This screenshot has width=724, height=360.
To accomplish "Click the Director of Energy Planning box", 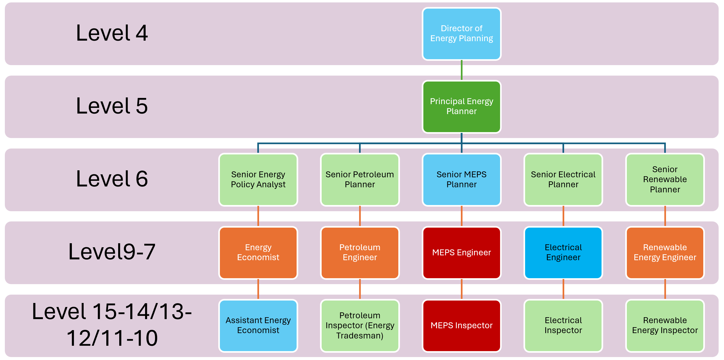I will point(462,34).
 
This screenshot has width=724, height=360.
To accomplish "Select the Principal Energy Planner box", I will point(462,107).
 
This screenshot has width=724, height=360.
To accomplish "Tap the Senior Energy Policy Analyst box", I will point(258,179).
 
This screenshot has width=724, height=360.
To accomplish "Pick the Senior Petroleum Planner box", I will point(360,179).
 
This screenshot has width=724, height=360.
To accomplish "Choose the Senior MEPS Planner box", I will point(462,179).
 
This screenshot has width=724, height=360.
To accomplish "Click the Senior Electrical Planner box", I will point(563,179).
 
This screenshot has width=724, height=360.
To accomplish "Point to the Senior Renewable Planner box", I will point(665,179).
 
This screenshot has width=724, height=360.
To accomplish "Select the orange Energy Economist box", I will point(258,252).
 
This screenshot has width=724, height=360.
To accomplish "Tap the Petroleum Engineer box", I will point(360,252).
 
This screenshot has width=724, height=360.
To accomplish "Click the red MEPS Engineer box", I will point(462,252).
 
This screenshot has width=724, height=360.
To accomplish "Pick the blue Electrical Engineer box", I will point(563,252).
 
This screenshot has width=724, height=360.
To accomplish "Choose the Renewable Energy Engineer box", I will point(665,252).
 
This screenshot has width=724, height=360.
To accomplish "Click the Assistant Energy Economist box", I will point(258,326).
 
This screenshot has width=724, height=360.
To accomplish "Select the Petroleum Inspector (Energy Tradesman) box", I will point(360,326).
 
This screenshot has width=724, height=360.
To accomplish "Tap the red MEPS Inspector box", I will point(462,326).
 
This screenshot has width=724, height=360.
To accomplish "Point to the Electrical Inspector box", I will point(563,326).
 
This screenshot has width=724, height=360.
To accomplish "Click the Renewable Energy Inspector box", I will point(665,326).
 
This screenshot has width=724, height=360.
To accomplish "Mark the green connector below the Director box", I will point(462,70).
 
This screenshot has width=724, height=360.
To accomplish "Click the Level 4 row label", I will point(112,33).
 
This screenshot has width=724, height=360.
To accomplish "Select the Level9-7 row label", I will point(112,252).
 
